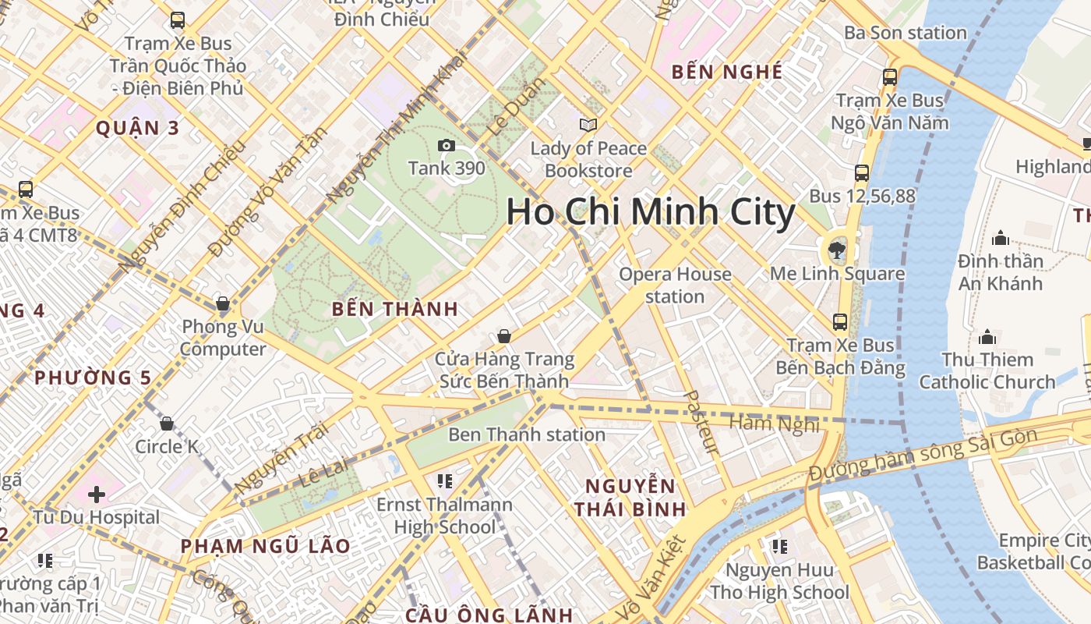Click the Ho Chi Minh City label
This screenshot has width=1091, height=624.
click(651, 212)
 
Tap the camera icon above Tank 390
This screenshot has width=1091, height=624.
click(447, 145)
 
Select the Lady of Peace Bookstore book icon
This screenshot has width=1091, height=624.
click(588, 125)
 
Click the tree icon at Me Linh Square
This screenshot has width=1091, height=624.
click(837, 250)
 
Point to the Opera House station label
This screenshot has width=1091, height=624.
click(675, 285)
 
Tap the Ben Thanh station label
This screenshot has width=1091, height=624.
click(527, 434)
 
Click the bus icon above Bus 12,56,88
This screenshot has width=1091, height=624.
click(862, 173)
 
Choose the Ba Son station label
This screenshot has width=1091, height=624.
click(906, 33)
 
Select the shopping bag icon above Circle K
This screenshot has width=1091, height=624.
click(166, 424)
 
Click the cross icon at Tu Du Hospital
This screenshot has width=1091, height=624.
click(97, 495)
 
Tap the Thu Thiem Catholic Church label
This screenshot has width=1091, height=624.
click(987, 370)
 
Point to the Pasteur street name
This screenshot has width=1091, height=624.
click(701, 422)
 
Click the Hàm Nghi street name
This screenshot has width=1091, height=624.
click(774, 424)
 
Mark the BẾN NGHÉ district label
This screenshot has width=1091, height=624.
click(727, 72)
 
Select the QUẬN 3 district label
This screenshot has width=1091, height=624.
click(137, 128)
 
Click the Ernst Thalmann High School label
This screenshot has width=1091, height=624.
click(445, 516)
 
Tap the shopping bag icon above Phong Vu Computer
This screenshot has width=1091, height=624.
click(223, 303)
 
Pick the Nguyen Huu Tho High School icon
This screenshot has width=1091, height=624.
click(779, 547)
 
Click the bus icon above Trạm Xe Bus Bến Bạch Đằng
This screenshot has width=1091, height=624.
click(840, 321)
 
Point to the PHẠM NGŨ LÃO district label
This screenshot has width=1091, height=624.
click(266, 545)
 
